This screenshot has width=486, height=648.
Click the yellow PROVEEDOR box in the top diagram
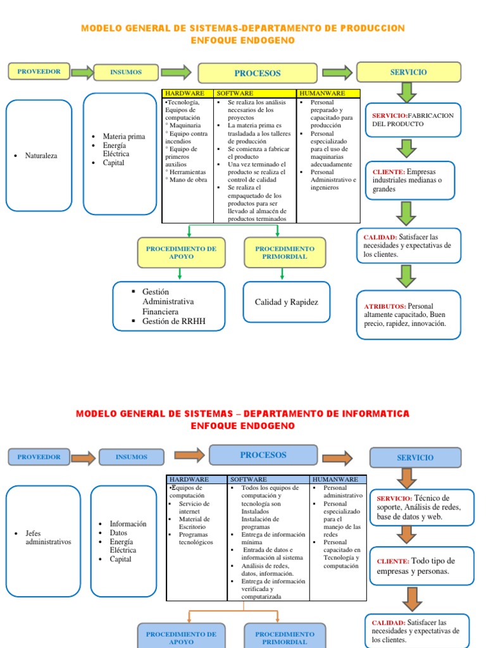39,72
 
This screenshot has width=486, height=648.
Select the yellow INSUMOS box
125,72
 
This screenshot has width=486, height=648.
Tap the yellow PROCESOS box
257,73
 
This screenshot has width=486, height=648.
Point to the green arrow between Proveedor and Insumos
82,72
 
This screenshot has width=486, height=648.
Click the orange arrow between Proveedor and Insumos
84,456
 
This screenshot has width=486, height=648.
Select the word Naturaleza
41,156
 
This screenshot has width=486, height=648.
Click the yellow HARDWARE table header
188,93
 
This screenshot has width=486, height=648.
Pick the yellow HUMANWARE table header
328,93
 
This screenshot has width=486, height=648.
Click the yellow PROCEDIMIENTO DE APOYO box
181,252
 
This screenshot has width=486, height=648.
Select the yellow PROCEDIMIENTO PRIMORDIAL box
285,252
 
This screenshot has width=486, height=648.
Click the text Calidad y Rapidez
287,302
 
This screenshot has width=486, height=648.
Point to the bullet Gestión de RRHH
174,321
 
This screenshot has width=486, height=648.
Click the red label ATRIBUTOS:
385,306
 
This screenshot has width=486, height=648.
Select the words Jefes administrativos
48,537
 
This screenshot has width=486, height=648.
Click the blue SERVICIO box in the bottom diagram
415,458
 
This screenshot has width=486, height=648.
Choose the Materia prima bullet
123,136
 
